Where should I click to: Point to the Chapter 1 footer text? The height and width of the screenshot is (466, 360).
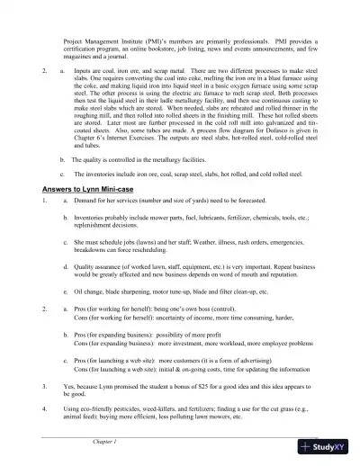pyautogui.click(x=106, y=443)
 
